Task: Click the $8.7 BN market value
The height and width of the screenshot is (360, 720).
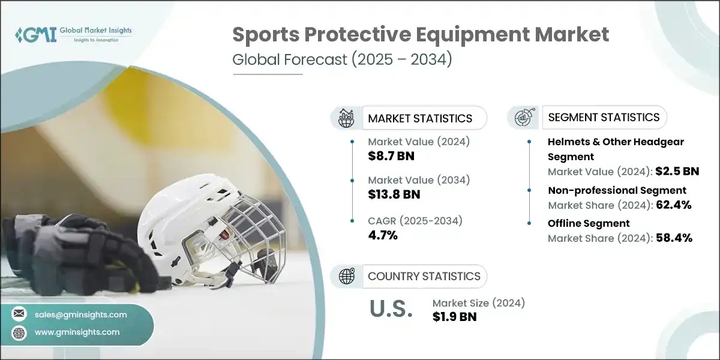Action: point(391,157)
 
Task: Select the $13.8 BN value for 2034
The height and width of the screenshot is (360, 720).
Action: point(394,194)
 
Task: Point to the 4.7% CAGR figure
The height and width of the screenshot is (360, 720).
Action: point(382,235)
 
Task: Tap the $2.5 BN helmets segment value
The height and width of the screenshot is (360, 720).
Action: point(676,171)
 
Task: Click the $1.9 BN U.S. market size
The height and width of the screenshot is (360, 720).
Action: point(454,317)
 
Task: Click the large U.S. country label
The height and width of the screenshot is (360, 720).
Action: point(391,309)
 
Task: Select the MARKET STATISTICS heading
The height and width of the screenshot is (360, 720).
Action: point(420,118)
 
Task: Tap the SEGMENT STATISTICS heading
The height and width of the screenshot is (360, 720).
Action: point(604,117)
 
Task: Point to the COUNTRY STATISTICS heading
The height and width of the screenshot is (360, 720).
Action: point(424,276)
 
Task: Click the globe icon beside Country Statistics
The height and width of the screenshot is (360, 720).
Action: point(346,276)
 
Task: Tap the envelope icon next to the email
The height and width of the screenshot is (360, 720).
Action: point(20,314)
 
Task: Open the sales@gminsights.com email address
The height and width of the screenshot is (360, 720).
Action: point(81,314)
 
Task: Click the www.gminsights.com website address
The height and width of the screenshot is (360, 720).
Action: point(77,332)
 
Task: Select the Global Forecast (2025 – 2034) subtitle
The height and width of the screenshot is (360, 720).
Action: point(342,61)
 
